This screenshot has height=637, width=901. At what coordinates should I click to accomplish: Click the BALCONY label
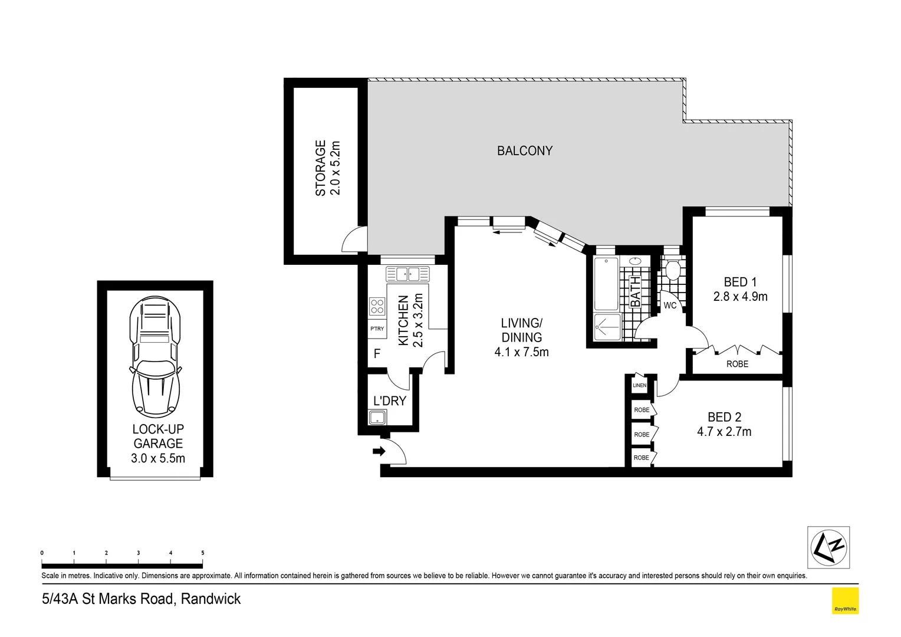[524, 151]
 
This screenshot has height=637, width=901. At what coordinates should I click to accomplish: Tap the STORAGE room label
[321, 168]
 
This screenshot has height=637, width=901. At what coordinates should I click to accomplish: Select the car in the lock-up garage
[154, 357]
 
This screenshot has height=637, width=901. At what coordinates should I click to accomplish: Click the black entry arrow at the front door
[379, 452]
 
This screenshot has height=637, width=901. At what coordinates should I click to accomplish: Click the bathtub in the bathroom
[606, 284]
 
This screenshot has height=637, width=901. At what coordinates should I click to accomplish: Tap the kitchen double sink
[407, 274]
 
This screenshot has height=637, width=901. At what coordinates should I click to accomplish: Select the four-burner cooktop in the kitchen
[377, 306]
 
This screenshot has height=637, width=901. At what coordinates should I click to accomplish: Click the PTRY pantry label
[377, 329]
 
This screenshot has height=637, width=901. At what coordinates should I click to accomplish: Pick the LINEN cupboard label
[639, 386]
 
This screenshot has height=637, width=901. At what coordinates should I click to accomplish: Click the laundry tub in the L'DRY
[377, 418]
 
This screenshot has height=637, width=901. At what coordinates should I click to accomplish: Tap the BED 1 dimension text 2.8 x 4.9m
[740, 297]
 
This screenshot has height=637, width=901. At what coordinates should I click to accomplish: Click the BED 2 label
[724, 417]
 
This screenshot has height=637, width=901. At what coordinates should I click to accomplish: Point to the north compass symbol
[828, 547]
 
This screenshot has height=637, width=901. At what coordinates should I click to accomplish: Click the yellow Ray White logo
[844, 601]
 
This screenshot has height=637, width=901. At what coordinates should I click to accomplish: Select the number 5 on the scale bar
[203, 553]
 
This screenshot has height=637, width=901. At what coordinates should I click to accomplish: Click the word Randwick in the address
[211, 599]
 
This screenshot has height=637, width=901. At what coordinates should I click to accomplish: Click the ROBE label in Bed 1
[737, 364]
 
